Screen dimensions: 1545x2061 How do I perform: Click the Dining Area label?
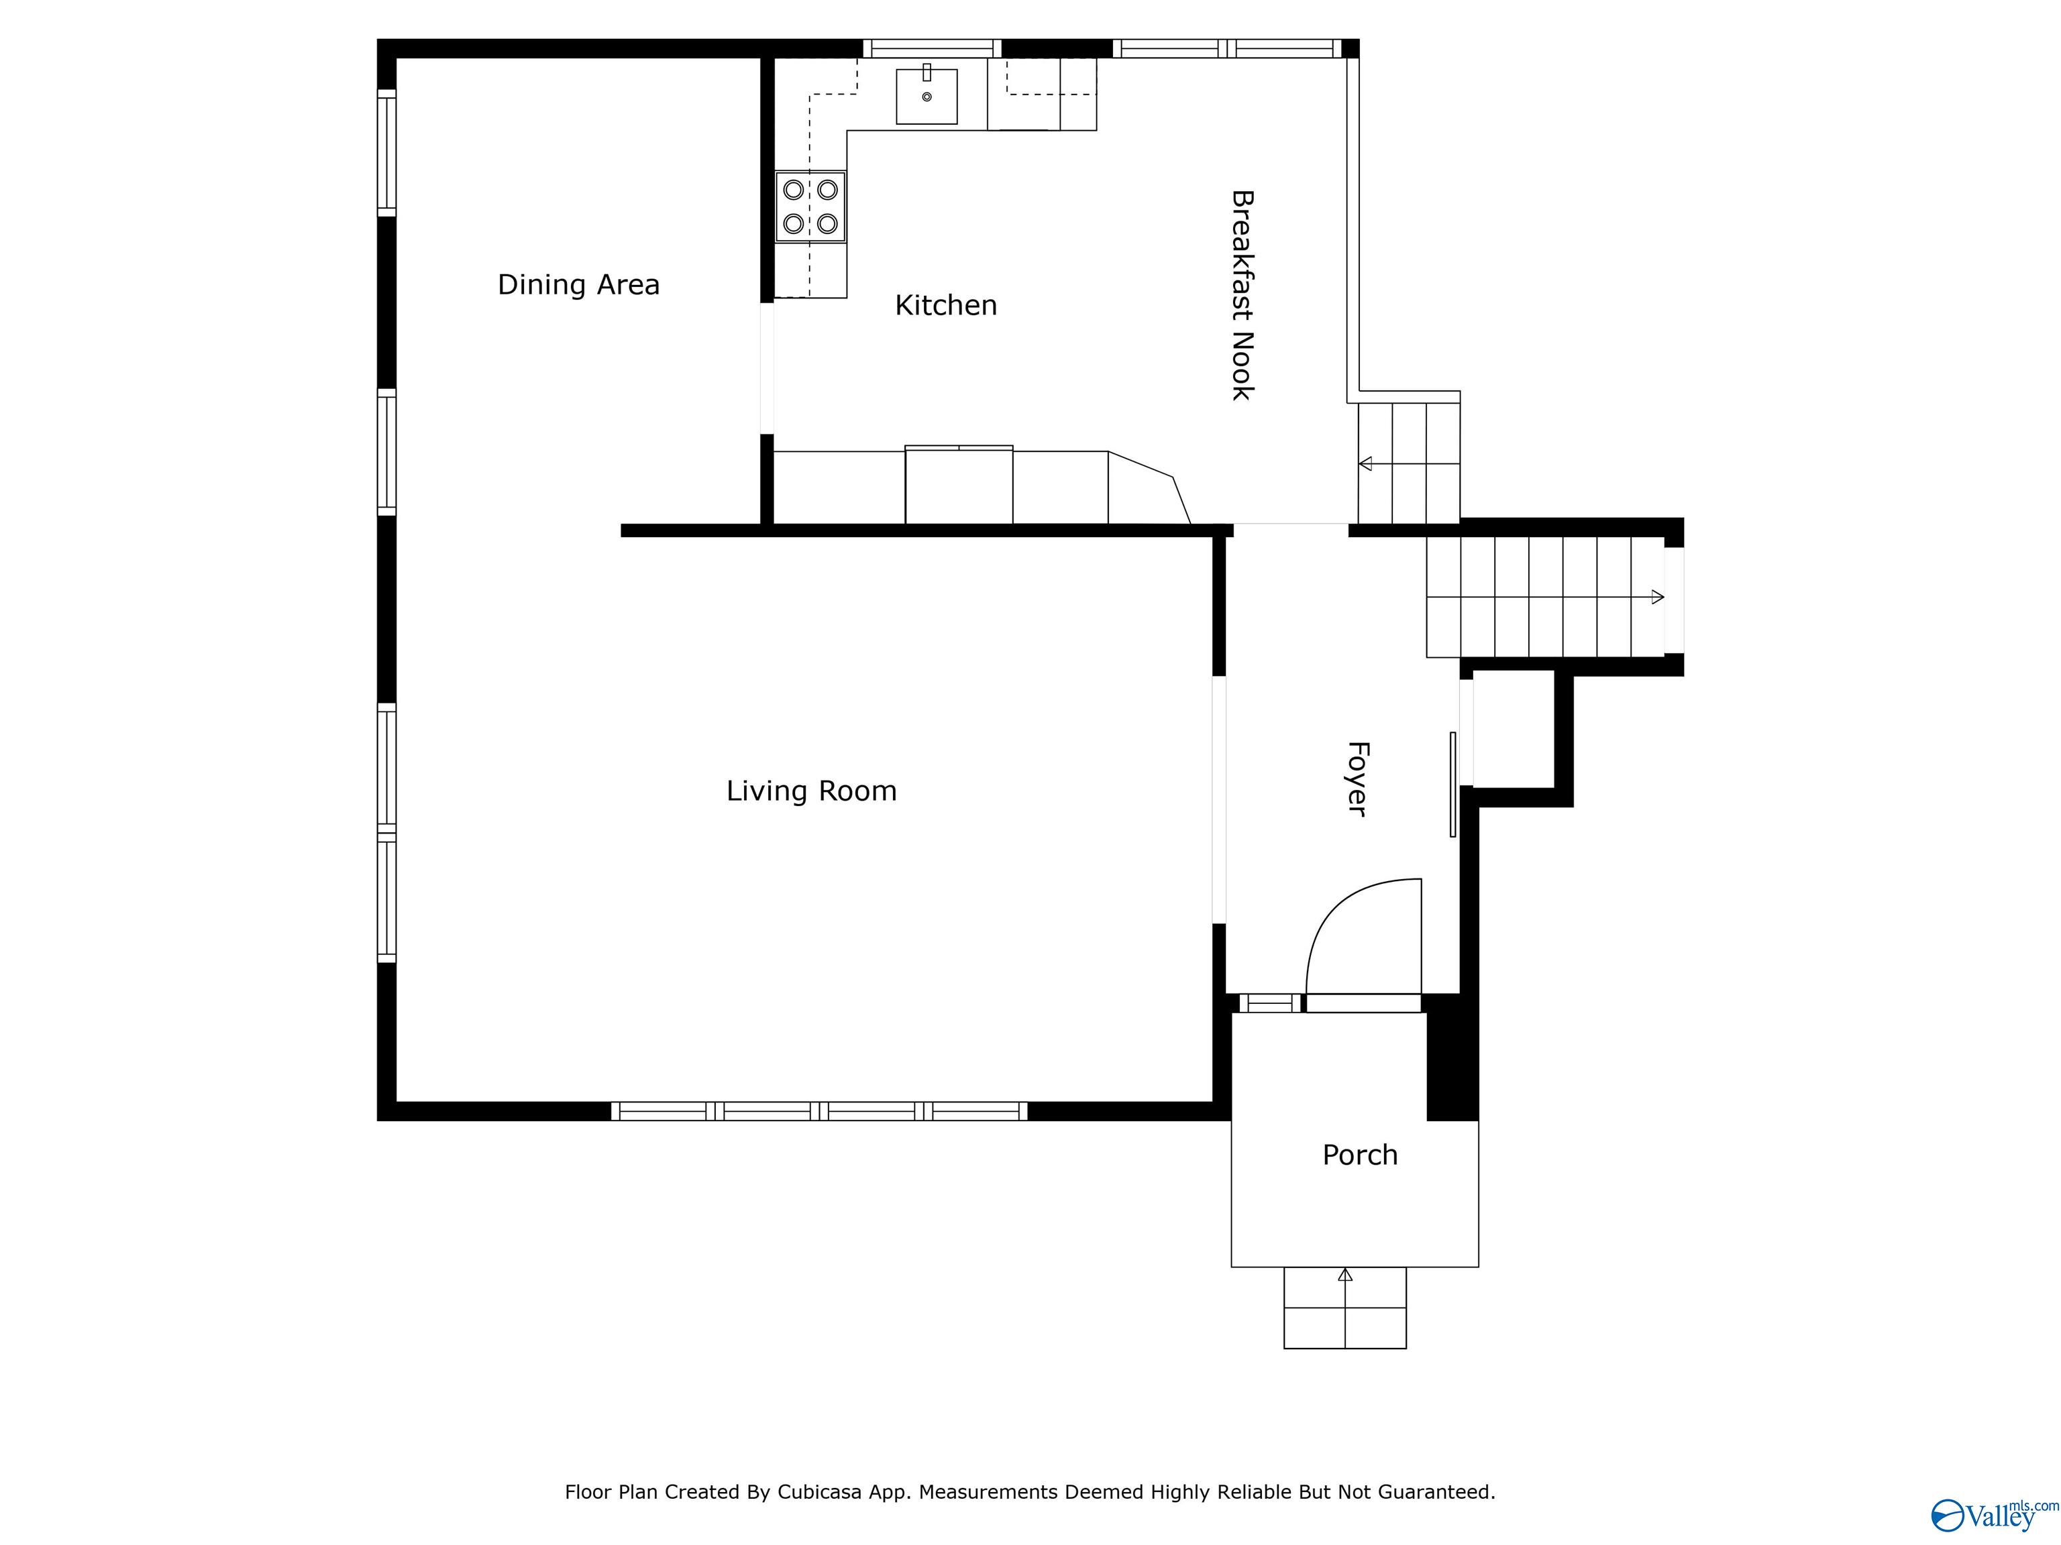pyautogui.click(x=578, y=284)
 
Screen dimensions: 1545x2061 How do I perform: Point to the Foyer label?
pyautogui.click(x=1357, y=779)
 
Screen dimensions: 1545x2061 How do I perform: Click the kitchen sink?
pyautogui.click(x=926, y=96)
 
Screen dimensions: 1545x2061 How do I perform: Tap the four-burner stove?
pyautogui.click(x=810, y=207)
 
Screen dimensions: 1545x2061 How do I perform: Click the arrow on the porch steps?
pyautogui.click(x=1344, y=1275)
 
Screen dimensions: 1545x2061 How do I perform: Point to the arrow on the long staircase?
pyautogui.click(x=1656, y=597)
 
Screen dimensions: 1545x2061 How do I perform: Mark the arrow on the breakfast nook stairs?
pyautogui.click(x=1366, y=463)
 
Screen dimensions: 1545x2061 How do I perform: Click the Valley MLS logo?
pyautogui.click(x=1992, y=1515)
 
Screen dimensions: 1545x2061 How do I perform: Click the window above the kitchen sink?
pyautogui.click(x=931, y=48)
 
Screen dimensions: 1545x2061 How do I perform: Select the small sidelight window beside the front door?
pyautogui.click(x=1270, y=1003)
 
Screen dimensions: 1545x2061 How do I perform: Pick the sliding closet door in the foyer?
pyautogui.click(x=1452, y=784)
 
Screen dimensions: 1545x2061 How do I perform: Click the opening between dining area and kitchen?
pyautogui.click(x=767, y=369)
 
